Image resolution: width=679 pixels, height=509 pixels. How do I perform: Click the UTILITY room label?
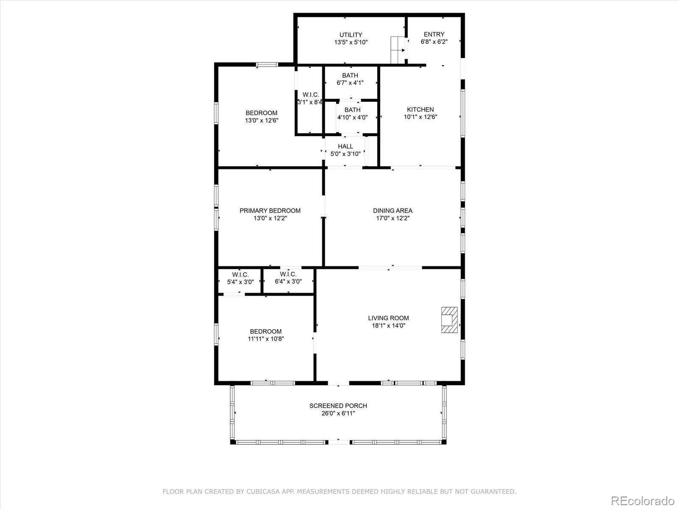tap(351, 35)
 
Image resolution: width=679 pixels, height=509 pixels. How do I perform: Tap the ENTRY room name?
tap(434, 34)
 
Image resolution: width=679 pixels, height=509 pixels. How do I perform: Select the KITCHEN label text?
tap(420, 109)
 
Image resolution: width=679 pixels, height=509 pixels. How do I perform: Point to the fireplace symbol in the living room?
tap(449, 320)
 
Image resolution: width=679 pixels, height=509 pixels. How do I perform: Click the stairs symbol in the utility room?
tap(398, 50)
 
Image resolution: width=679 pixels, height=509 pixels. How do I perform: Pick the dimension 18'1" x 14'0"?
tap(388, 325)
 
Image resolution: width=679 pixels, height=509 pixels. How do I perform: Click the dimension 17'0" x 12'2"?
tap(393, 218)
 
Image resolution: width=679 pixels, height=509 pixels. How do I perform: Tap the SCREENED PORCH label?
tap(338, 406)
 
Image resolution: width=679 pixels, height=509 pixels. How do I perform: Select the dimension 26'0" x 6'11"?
tap(338, 413)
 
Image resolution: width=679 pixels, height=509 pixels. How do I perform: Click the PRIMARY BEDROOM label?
tap(270, 211)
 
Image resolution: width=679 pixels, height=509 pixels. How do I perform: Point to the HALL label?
tap(345, 146)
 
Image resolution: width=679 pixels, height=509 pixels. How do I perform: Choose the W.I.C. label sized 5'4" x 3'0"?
tap(240, 275)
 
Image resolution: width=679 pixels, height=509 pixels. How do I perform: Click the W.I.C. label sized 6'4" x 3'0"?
tap(288, 274)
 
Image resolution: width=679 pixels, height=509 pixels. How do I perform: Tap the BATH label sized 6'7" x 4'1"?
tap(350, 76)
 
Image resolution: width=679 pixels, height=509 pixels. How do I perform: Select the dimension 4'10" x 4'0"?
tap(352, 117)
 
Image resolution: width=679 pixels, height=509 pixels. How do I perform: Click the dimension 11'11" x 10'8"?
tap(266, 339)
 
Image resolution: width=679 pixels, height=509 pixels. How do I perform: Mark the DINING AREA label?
tap(393, 211)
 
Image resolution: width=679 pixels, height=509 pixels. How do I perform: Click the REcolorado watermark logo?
tap(643, 501)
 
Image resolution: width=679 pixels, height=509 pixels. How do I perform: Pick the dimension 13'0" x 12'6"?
tap(262, 120)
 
